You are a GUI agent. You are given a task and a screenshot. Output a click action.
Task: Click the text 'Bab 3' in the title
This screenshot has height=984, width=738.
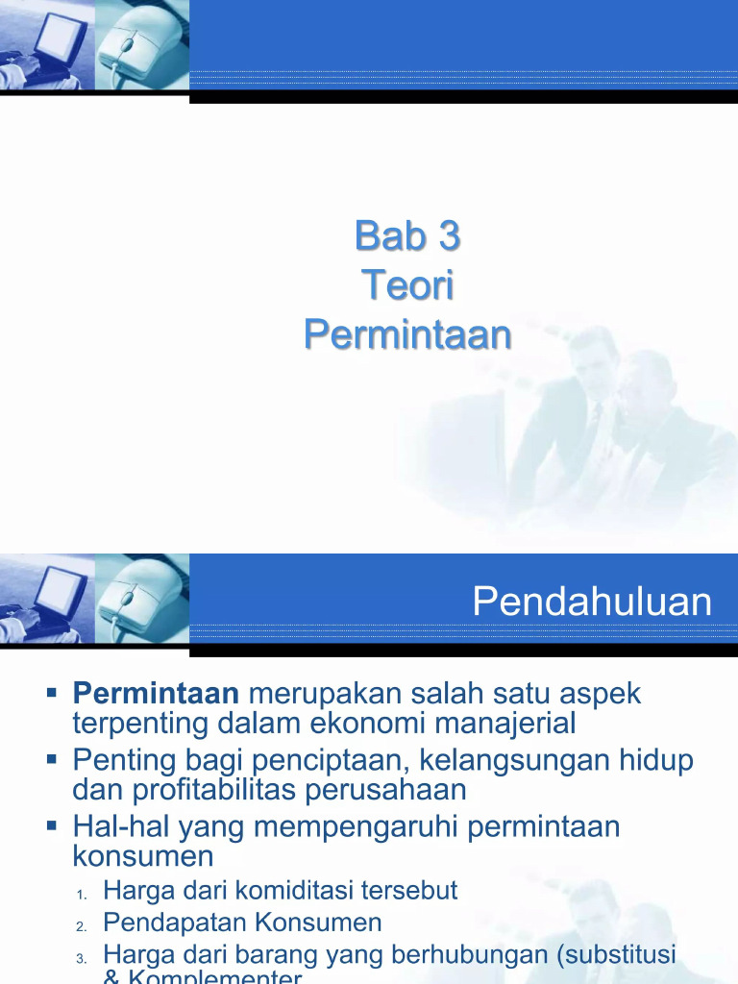click(407, 235)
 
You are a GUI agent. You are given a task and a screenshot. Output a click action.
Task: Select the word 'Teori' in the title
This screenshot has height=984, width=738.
click(407, 285)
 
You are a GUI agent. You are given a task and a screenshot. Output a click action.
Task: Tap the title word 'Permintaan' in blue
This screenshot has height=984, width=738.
click(407, 335)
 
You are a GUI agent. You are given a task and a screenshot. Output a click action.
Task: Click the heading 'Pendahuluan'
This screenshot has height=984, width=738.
click(592, 603)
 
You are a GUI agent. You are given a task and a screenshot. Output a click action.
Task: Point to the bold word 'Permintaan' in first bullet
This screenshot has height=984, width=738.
click(156, 693)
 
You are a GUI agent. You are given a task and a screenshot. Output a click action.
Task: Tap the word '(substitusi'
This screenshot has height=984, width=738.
click(618, 955)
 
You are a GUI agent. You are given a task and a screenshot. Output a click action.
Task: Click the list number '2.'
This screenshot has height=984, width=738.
click(82, 926)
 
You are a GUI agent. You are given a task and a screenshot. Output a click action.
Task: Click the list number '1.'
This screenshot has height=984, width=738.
click(82, 894)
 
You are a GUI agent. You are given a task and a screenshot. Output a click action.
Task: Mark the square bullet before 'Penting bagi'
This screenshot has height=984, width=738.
click(54, 759)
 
